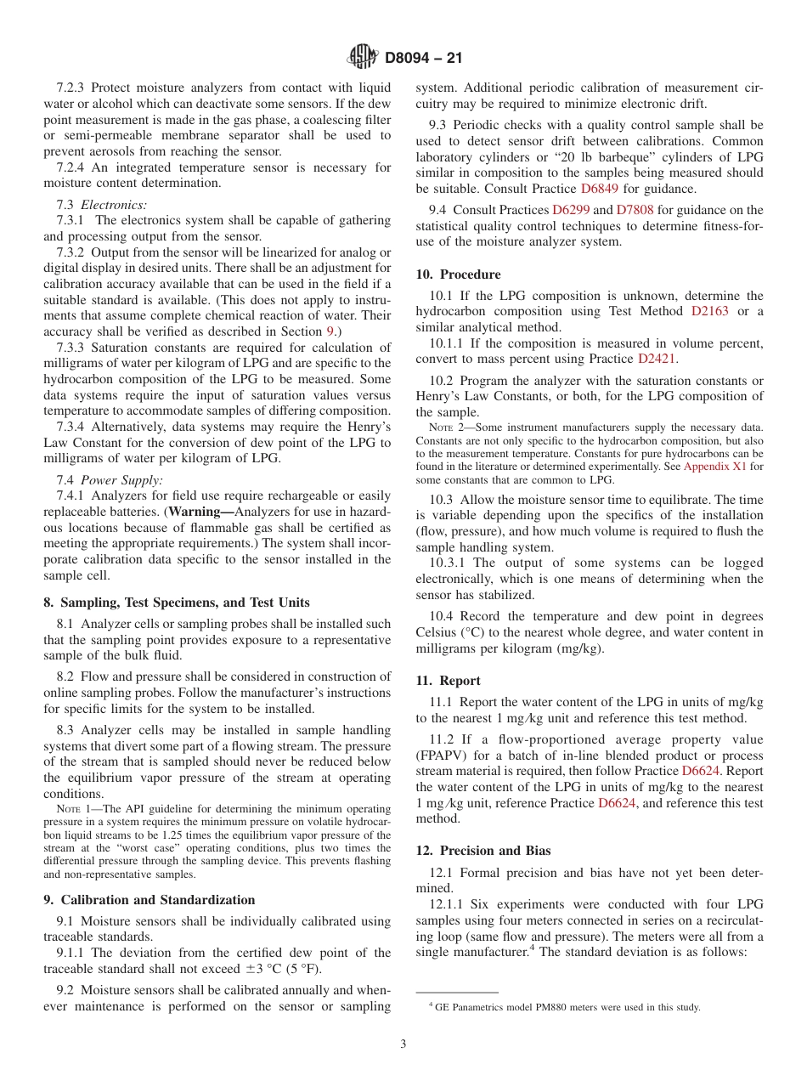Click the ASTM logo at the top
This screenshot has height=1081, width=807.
362,57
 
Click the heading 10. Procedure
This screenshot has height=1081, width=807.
458,274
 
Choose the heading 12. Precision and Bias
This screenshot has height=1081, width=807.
483,851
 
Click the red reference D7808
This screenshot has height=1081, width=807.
634,210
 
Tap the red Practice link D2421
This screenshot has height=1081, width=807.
657,359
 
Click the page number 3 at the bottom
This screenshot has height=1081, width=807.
403,1044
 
